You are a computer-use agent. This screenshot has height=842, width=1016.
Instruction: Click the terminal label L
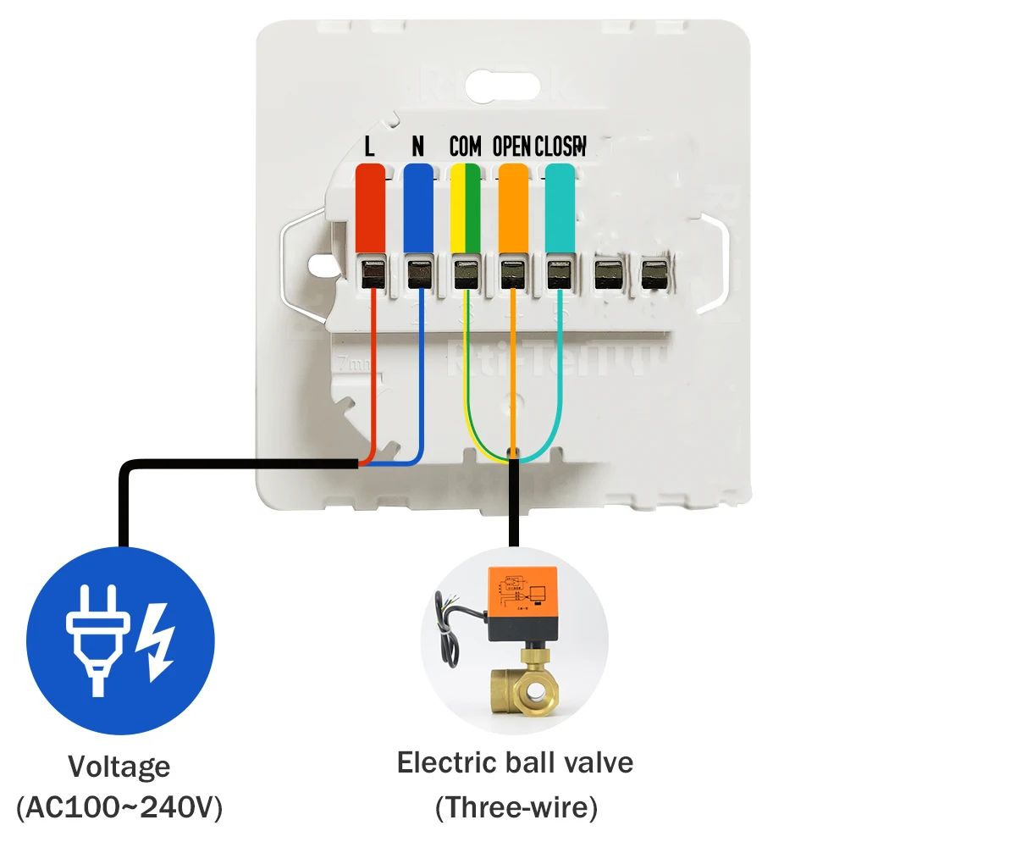369,147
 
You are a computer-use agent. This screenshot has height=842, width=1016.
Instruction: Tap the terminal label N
417,147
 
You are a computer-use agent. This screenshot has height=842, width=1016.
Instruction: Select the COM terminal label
465,147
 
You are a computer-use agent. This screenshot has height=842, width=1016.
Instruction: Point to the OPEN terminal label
511,147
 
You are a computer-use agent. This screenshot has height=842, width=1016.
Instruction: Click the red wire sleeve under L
370,207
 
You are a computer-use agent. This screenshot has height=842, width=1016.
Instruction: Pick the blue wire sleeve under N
417,207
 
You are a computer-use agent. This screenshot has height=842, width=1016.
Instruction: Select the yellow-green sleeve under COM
465,207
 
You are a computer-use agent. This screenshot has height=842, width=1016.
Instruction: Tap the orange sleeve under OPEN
513,207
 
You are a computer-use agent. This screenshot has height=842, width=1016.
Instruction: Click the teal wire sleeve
560,207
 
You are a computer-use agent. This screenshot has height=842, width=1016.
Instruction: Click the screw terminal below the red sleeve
371,274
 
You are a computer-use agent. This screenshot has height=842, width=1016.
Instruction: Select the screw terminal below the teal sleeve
559,274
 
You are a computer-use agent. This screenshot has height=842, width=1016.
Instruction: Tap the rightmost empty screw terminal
654,274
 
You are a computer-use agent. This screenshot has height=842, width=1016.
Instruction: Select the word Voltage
119,767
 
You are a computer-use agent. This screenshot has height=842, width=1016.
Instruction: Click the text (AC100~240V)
119,807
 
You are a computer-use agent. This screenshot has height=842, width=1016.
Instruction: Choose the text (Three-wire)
516,807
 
